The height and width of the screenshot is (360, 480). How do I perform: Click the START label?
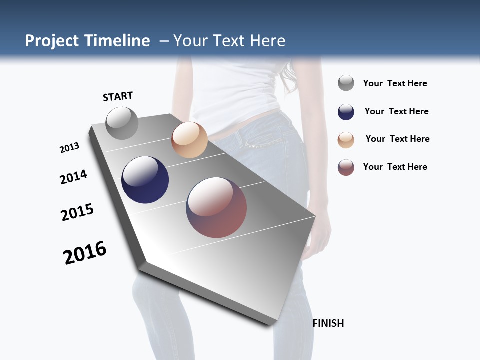pyautogui.click(x=118, y=96)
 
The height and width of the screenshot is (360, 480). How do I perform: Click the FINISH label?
pyautogui.click(x=328, y=323)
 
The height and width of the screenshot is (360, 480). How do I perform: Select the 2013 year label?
pyautogui.click(x=69, y=148)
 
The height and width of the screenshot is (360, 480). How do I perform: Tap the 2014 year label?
pyautogui.click(x=73, y=177)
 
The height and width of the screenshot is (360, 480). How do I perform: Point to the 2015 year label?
pyautogui.click(x=77, y=212)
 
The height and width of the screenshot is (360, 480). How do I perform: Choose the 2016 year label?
pyautogui.click(x=85, y=253)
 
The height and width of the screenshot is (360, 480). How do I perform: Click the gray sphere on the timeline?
pyautogui.click(x=122, y=123)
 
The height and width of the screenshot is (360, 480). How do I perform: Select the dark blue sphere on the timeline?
pyautogui.click(x=145, y=180)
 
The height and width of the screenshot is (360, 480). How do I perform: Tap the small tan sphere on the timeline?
pyautogui.click(x=189, y=140)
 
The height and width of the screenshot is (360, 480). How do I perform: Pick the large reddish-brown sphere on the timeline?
pyautogui.click(x=216, y=207)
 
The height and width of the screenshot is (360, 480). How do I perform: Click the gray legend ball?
pyautogui.click(x=346, y=83)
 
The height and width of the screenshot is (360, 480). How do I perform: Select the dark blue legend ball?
pyautogui.click(x=346, y=112)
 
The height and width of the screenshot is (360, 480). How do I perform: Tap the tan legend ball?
pyautogui.click(x=346, y=140)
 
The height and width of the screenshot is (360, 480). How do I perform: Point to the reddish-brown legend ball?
pyautogui.click(x=346, y=167)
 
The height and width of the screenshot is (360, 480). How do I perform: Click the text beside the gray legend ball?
pyautogui.click(x=395, y=83)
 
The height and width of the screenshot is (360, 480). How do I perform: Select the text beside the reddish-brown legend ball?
pyautogui.click(x=395, y=167)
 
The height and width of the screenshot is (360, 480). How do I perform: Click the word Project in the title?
pyautogui.click(x=52, y=41)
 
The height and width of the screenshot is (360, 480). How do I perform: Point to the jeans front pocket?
pyautogui.click(x=252, y=142)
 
